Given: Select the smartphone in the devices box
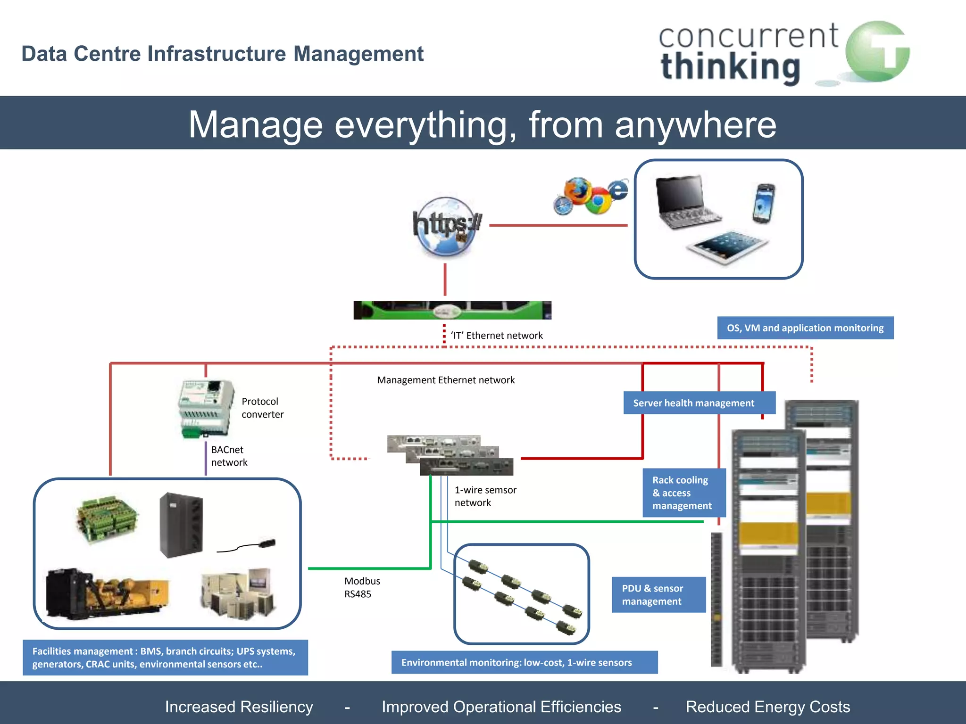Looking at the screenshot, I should click(x=763, y=204).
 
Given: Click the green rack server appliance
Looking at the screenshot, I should click(x=452, y=310).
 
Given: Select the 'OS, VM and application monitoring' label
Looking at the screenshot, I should click(x=805, y=328).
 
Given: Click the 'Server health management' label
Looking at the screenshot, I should click(x=693, y=403).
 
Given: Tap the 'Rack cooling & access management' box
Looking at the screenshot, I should click(x=683, y=493).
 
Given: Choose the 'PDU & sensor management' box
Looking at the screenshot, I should click(x=658, y=595).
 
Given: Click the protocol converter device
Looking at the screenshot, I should click(x=207, y=408).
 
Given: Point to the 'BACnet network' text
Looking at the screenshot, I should click(x=229, y=456).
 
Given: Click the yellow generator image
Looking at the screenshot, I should click(x=108, y=594).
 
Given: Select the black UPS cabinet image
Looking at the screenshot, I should click(x=181, y=525).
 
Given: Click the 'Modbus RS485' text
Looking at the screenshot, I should click(x=361, y=587).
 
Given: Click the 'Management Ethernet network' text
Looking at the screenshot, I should click(x=445, y=380).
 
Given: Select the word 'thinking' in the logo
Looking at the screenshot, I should click(x=730, y=67).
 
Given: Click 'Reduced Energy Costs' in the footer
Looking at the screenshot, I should click(x=767, y=707).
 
